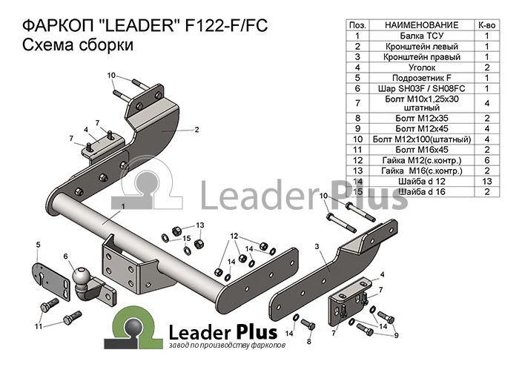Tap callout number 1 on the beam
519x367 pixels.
(x=123, y=207)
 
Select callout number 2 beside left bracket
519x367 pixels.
(x=196, y=130)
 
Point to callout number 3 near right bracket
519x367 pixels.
(x=317, y=246)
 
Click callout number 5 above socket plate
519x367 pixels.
(x=38, y=245)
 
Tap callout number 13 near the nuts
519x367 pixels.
(x=200, y=225)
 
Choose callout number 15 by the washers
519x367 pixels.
(x=187, y=238)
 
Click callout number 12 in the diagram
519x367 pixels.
(x=234, y=236)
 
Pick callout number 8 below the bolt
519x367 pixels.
(x=309, y=341)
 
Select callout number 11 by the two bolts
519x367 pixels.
(x=39, y=326)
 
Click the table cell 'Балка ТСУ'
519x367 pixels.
(x=421, y=36)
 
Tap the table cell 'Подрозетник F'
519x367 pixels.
(x=421, y=78)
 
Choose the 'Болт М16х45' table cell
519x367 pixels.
(x=421, y=150)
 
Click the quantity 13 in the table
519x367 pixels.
(x=487, y=182)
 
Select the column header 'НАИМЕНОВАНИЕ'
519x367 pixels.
(x=422, y=25)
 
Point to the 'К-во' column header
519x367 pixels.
(x=487, y=25)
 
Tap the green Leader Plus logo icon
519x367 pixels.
(x=133, y=328)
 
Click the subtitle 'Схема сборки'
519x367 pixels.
(x=78, y=44)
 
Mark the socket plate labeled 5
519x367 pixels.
(x=52, y=282)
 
